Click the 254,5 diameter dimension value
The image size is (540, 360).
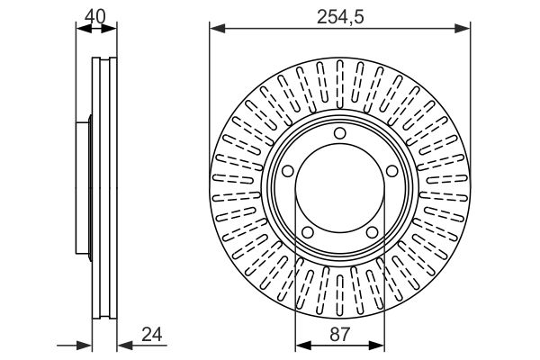tap(340, 17)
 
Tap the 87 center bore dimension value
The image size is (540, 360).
tap(339, 334)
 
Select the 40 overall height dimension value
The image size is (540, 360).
tap(95, 16)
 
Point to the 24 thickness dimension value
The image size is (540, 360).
tap(152, 334)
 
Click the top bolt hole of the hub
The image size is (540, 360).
tap(340, 133)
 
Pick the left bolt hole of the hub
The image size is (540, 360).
tap(288, 171)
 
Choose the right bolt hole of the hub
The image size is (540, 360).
tap(392, 171)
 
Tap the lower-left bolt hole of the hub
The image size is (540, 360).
tap(308, 232)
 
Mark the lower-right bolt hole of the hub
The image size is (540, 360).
tap(373, 232)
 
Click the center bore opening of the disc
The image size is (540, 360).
tap(340, 189)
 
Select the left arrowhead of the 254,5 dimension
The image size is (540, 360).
tap(217, 29)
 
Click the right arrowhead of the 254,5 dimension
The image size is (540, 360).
tap(463, 29)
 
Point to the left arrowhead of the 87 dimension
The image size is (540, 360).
tap(303, 346)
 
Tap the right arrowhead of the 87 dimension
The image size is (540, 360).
tap(376, 346)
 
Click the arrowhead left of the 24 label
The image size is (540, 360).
tap(125, 346)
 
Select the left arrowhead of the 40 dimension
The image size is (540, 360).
tap(84, 29)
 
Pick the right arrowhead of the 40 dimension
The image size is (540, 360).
tap(109, 29)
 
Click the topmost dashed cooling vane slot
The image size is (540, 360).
tap(340, 84)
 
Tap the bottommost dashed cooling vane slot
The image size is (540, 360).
tap(340, 295)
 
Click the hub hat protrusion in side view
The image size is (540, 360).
tap(84, 188)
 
